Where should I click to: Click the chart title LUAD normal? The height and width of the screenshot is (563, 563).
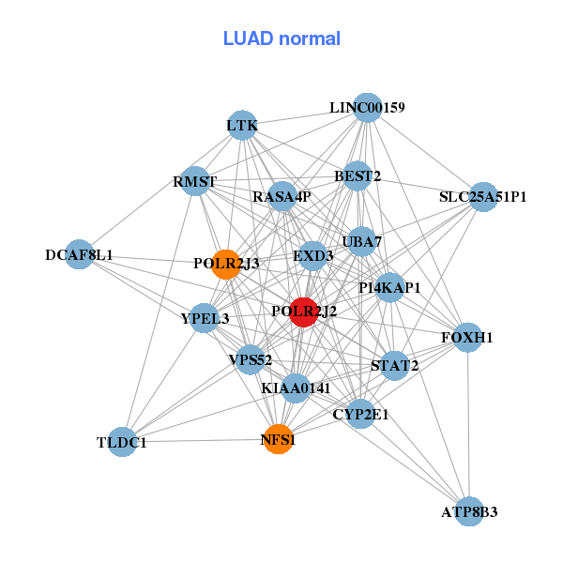pyautogui.click(x=281, y=38)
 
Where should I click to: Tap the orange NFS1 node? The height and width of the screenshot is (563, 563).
pyautogui.click(x=278, y=438)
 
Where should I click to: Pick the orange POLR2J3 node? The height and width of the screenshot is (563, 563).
pyautogui.click(x=225, y=264)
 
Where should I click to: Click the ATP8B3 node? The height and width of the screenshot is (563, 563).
pyautogui.click(x=469, y=511)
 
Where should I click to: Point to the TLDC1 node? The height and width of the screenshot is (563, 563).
pyautogui.click(x=122, y=442)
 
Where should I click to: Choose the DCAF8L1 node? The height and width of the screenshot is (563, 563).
pyautogui.click(x=80, y=254)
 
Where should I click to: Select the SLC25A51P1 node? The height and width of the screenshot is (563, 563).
pyautogui.click(x=482, y=197)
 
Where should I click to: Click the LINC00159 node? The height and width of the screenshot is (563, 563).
pyautogui.click(x=368, y=108)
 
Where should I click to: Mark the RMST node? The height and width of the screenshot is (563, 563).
pyautogui.click(x=195, y=181)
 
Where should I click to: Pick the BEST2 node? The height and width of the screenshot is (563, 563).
pyautogui.click(x=358, y=175)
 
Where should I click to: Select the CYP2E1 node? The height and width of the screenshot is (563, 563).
pyautogui.click(x=360, y=413)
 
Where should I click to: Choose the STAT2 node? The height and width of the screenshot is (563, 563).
pyautogui.click(x=395, y=365)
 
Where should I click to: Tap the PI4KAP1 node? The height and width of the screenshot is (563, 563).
pyautogui.click(x=389, y=287)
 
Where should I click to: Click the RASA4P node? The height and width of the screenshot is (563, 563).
pyautogui.click(x=281, y=197)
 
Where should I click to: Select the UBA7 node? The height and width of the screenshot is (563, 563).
pyautogui.click(x=362, y=242)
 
